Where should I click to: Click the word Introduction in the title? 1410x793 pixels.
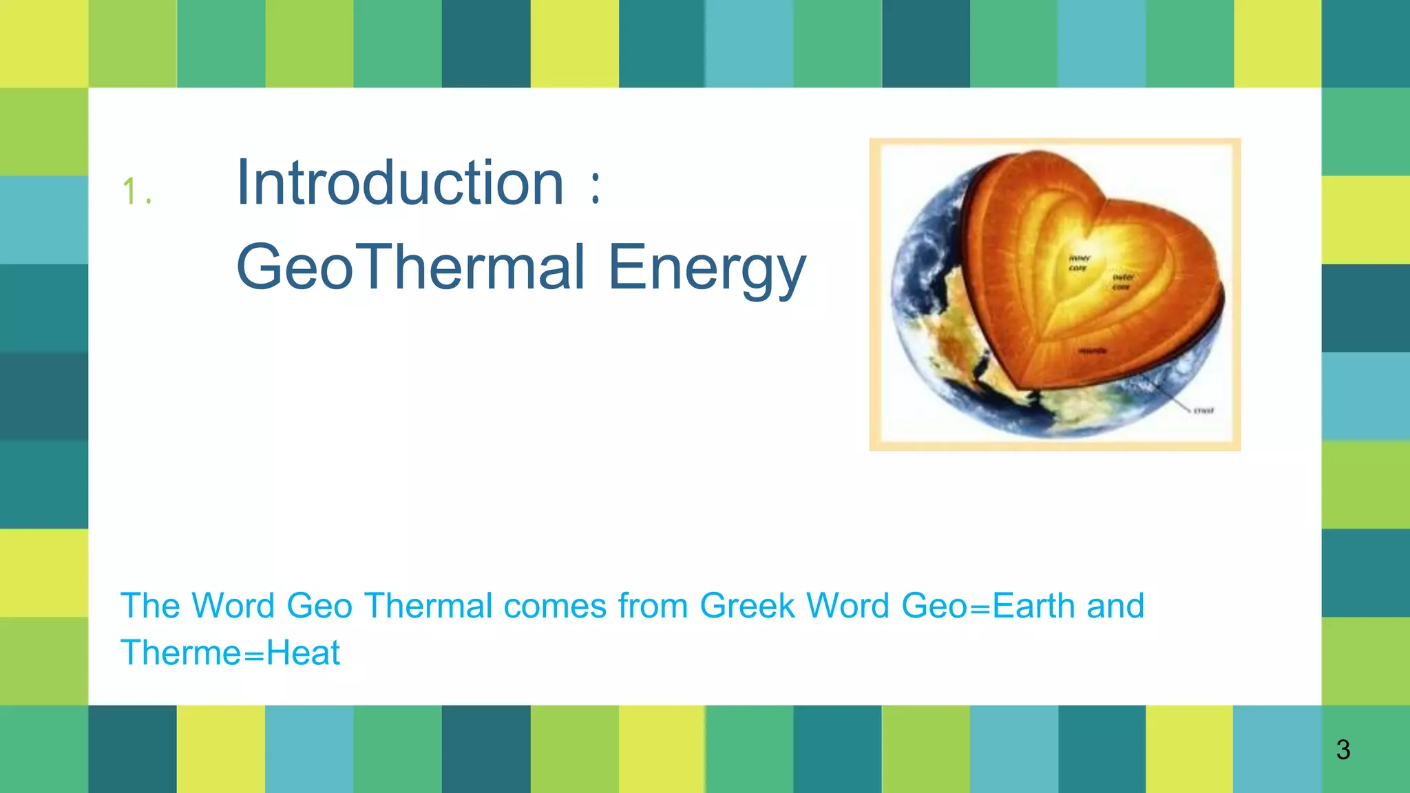(399, 183)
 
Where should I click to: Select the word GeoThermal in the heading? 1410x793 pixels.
(410, 267)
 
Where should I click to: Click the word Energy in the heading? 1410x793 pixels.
(706, 268)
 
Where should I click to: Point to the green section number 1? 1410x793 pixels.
(131, 191)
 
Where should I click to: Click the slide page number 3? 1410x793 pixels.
(1343, 750)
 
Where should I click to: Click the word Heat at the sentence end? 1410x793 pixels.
(303, 653)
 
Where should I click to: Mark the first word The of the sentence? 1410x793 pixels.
(150, 606)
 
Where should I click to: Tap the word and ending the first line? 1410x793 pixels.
(1115, 606)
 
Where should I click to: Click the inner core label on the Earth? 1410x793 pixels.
(1079, 263)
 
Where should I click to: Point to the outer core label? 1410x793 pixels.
(1123, 282)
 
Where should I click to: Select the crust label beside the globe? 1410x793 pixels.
(1203, 410)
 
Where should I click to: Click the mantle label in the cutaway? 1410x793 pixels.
(1093, 351)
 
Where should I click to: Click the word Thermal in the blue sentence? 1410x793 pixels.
(428, 606)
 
